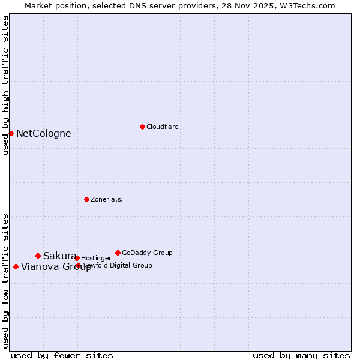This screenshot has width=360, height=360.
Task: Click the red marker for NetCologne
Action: [11, 133]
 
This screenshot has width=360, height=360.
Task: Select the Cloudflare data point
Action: [142, 127]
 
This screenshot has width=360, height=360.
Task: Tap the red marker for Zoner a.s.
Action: [86, 199]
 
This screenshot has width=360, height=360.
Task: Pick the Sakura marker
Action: [38, 256]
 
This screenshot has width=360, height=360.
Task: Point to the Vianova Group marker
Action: [16, 266]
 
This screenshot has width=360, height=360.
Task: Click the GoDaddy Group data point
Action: [118, 253]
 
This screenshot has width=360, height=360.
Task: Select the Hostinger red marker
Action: [77, 258]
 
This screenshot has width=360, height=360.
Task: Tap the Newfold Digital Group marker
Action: [78, 265]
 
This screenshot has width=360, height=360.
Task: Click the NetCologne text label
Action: [43, 134]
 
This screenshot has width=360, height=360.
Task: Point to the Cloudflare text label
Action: [162, 127]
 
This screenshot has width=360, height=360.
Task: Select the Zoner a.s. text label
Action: [107, 199]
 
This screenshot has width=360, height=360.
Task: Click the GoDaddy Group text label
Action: [147, 253]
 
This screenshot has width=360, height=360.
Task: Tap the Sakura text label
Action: [59, 256]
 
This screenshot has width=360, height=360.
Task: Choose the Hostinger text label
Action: [96, 258]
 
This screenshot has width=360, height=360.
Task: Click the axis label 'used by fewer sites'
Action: [62, 355]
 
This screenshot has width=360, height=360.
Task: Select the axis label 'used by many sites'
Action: [301, 355]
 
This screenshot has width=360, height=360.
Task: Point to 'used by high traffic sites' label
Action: [5, 85]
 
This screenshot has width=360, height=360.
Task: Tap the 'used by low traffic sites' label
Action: [5, 281]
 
